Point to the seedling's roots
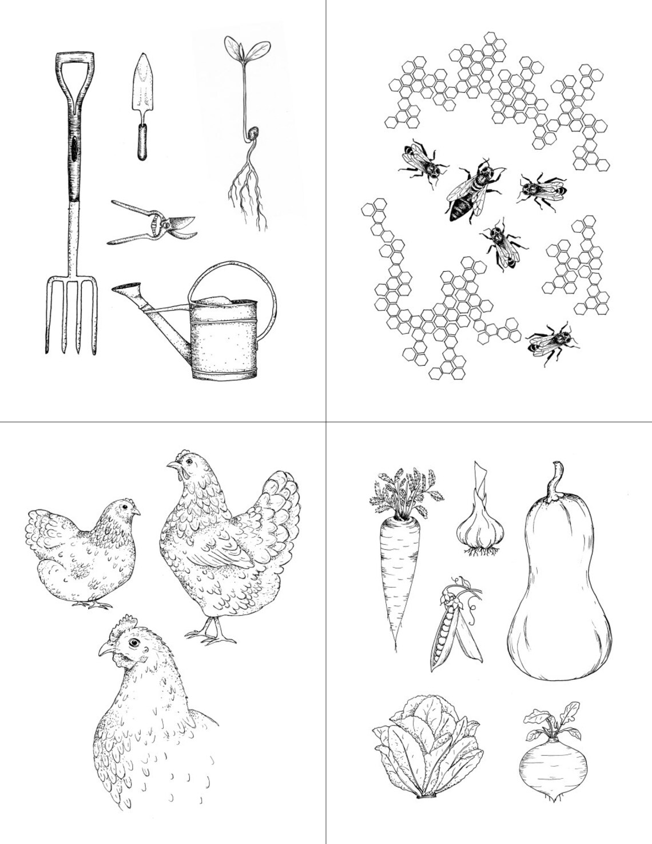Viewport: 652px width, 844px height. coord(248,195)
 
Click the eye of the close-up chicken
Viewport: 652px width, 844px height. coord(134,642)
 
